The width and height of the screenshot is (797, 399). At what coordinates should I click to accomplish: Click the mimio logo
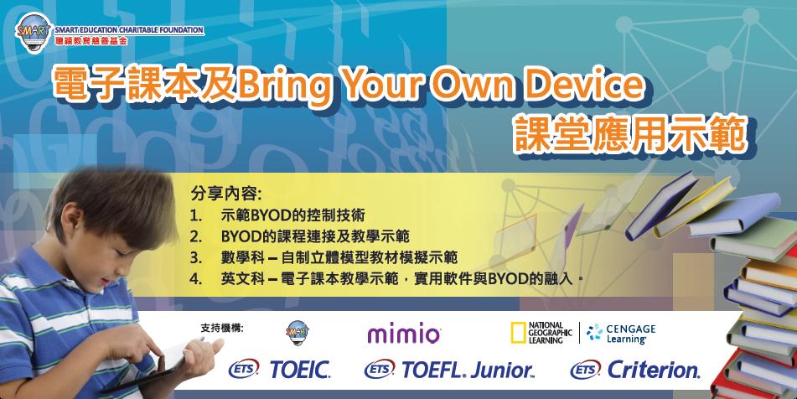tap(404, 334)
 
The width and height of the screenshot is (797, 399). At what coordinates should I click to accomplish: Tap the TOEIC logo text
tap(300, 370)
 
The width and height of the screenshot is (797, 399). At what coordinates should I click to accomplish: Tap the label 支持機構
tap(222, 326)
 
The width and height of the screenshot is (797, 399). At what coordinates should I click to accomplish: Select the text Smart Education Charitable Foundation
tap(128, 30)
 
